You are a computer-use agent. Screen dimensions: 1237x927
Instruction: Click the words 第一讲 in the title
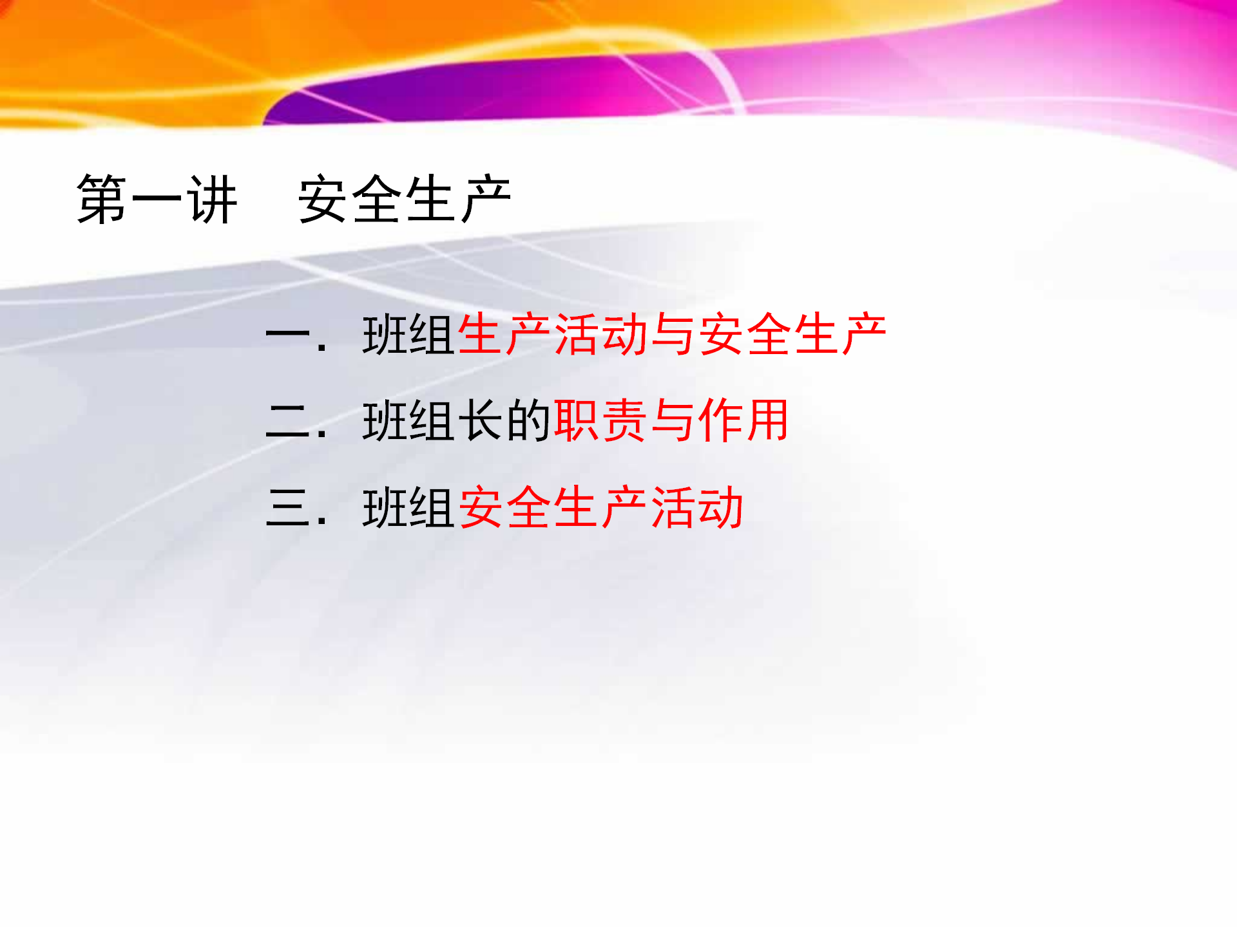tap(157, 200)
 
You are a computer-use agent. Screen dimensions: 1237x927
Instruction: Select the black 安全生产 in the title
tap(405, 200)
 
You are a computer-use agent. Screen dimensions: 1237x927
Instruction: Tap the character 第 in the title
tap(102, 200)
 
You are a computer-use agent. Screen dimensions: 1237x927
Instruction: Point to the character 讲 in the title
tap(212, 200)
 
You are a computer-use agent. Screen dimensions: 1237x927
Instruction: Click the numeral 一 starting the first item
tap(289, 335)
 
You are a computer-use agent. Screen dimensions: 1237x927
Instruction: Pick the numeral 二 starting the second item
tap(289, 422)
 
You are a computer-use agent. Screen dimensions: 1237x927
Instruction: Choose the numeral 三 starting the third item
tap(289, 508)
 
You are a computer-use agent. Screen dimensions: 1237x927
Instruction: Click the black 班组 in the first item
tap(408, 335)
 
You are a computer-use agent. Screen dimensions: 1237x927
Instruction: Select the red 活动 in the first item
tap(600, 335)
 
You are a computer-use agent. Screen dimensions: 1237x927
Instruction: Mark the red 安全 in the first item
tap(745, 335)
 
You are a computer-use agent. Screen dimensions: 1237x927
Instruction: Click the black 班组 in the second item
tap(408, 421)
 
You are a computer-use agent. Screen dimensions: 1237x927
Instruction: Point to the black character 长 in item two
tap(481, 421)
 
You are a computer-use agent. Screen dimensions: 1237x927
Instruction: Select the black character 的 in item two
tap(528, 421)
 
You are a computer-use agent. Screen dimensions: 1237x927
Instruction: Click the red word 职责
tap(600, 421)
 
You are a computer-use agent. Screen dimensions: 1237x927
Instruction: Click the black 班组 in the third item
tap(408, 508)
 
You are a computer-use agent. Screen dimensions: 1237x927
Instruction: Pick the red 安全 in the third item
tap(504, 508)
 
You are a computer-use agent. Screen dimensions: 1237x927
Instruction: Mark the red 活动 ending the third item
tap(697, 508)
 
